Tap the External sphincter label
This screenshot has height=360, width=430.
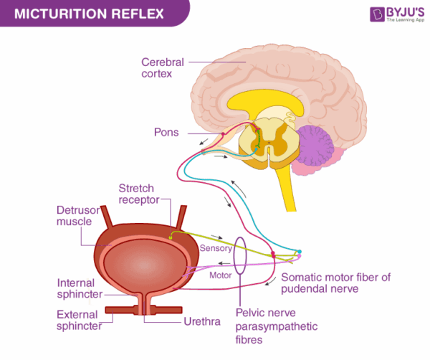(x=80, y=320)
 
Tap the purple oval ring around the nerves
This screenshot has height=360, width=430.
(x=242, y=258)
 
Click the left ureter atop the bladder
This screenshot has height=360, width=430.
(x=106, y=217)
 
